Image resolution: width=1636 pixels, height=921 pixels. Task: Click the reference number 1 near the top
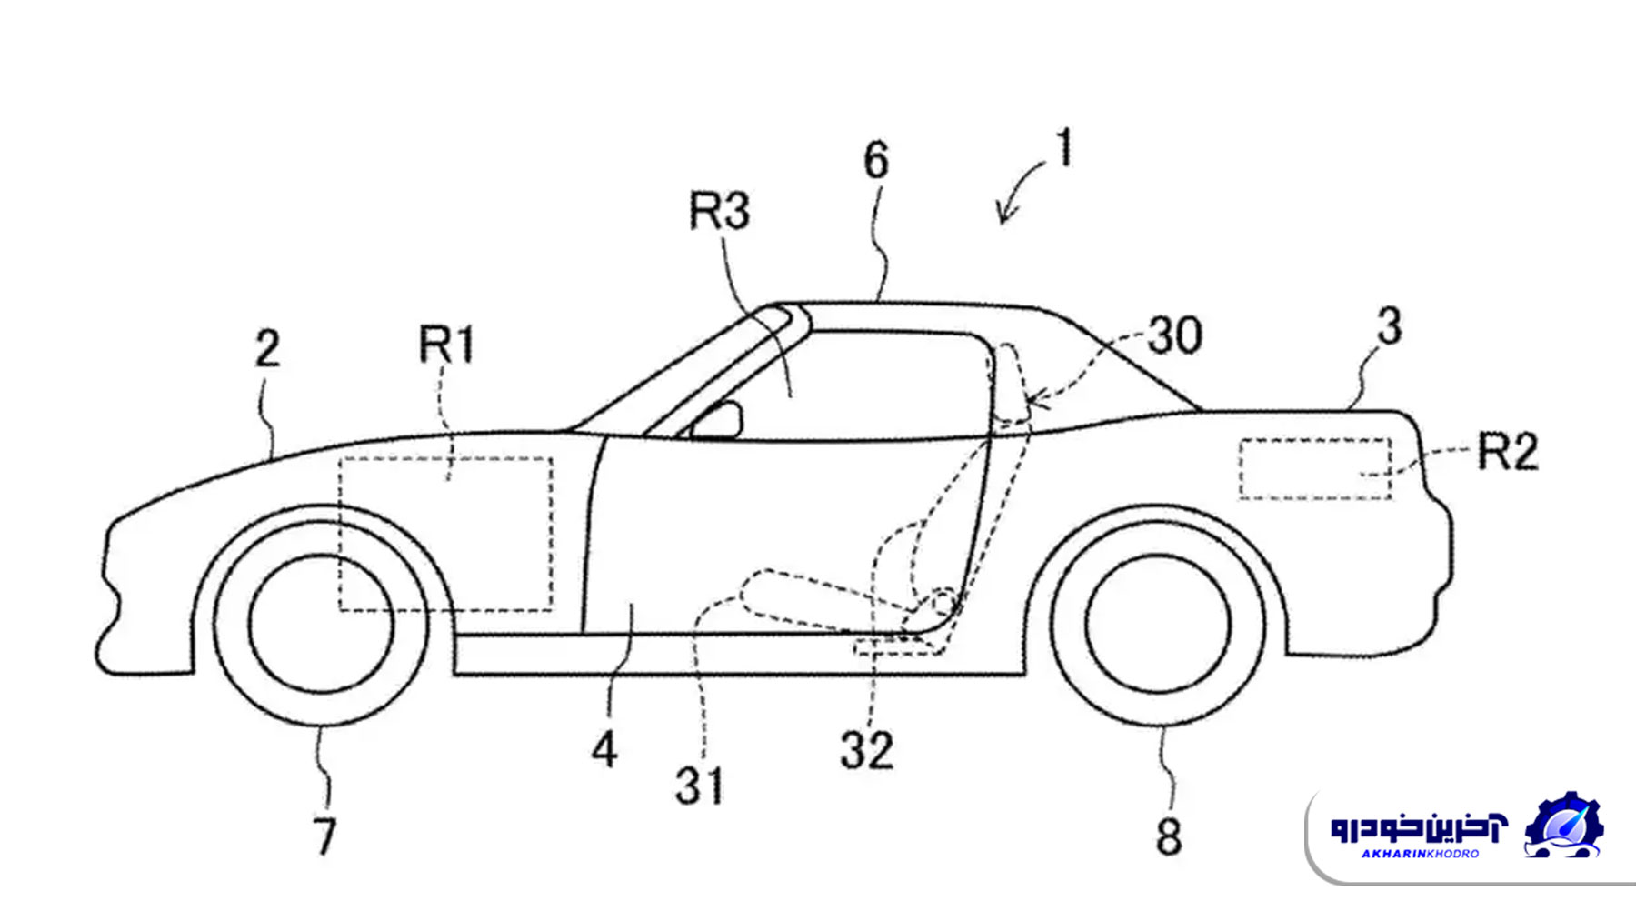(x=1064, y=149)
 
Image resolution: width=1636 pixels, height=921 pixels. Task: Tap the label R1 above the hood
(x=446, y=345)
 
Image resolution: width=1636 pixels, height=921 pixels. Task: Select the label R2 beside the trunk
(x=1508, y=452)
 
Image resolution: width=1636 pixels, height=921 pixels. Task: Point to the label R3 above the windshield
(x=720, y=212)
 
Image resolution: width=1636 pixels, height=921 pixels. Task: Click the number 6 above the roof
(x=876, y=161)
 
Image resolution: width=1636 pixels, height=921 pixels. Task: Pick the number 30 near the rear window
(x=1175, y=335)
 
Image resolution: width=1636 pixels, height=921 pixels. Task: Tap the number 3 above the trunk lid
(x=1389, y=326)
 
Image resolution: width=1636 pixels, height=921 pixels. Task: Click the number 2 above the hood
(x=267, y=349)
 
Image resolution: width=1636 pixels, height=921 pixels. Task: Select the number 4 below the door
(x=605, y=750)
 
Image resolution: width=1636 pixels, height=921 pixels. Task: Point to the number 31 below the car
(x=700, y=786)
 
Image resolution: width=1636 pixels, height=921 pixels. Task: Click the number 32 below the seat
(x=867, y=751)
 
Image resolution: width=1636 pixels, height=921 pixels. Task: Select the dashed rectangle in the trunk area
(x=1314, y=469)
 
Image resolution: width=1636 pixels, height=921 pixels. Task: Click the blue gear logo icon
(x=1563, y=826)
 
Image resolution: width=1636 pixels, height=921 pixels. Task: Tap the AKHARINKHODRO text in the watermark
(x=1420, y=854)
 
